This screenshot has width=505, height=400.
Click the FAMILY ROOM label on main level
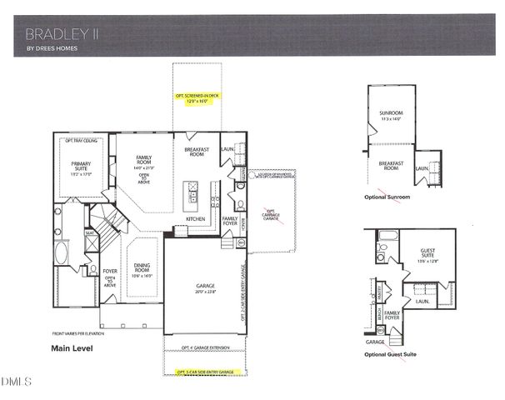tap(145, 161)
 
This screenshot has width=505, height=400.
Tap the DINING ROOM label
tap(142, 269)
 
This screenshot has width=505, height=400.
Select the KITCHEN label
tap(196, 219)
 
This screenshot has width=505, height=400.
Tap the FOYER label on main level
tap(110, 271)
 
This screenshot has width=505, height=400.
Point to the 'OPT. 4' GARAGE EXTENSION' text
tap(203, 344)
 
